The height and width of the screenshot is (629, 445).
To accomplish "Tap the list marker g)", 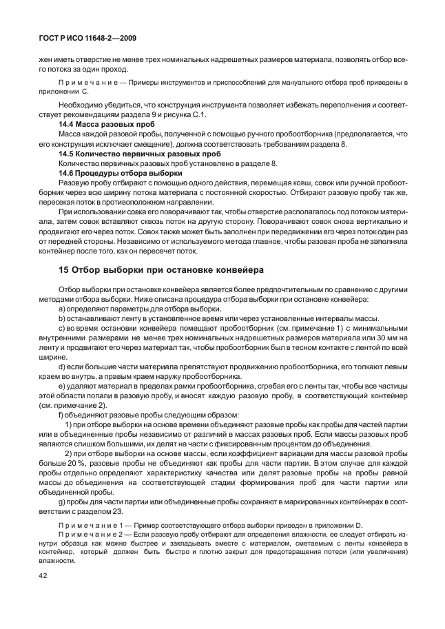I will point(63,502).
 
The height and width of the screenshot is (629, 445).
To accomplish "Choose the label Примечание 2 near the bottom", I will point(92,535).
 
